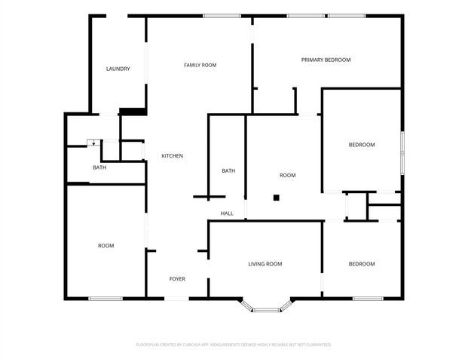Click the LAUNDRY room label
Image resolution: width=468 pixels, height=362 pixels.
point(118,69)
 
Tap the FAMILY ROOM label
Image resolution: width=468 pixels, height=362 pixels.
point(200,66)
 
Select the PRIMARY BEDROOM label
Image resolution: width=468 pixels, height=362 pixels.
point(326,60)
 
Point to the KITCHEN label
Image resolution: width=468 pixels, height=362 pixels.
point(172,156)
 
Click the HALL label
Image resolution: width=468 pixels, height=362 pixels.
point(227,213)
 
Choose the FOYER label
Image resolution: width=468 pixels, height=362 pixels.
point(177,279)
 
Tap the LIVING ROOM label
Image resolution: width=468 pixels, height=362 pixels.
point(265,264)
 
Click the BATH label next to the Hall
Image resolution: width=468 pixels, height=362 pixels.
point(228,171)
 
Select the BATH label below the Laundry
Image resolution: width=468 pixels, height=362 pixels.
point(99,167)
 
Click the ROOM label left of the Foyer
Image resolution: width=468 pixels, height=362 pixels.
point(106,246)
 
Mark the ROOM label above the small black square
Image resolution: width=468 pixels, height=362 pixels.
point(287,176)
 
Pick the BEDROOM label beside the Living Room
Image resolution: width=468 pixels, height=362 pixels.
point(361,264)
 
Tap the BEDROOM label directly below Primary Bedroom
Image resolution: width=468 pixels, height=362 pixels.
point(361,145)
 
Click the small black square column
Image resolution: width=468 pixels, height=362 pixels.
point(277,198)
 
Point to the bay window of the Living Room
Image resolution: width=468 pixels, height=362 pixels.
point(265,308)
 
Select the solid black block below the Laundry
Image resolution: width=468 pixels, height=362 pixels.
point(132,112)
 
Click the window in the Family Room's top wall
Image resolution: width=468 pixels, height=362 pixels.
point(216,16)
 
